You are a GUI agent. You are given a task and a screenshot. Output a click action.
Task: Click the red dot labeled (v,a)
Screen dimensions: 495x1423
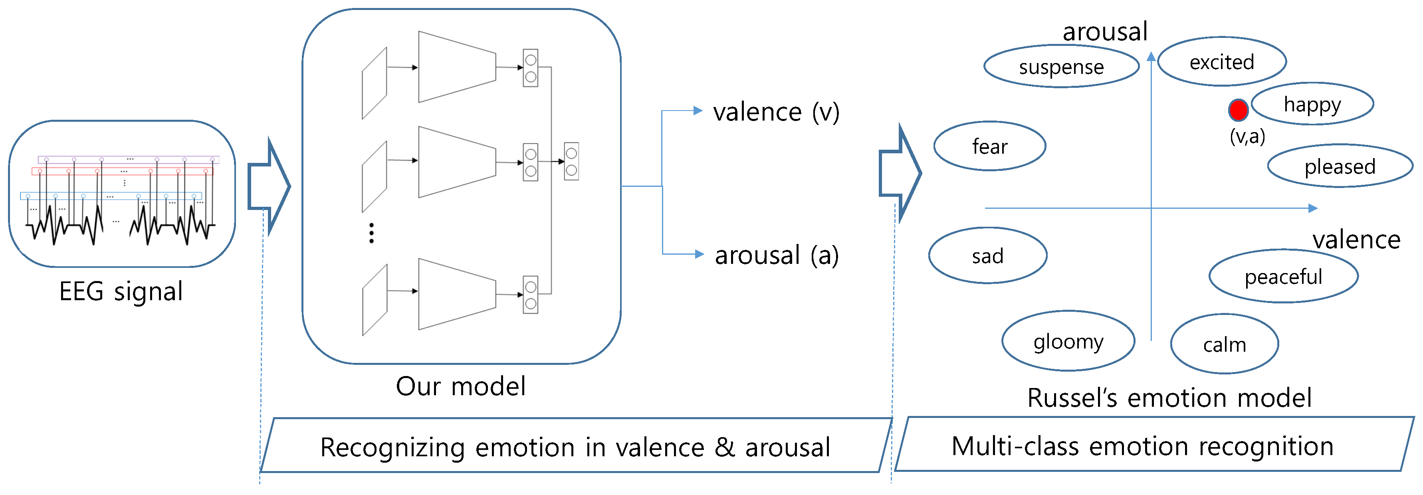1238,110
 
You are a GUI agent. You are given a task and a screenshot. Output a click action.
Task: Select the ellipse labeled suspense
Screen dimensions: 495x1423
1061,67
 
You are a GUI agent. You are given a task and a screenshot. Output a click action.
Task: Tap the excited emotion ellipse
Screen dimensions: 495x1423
1222,62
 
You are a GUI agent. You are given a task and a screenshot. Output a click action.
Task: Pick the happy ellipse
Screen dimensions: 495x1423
1312,104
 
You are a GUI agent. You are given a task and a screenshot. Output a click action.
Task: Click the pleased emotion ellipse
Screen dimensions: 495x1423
1340,166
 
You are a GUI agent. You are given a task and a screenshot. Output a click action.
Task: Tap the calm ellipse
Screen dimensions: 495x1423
1224,344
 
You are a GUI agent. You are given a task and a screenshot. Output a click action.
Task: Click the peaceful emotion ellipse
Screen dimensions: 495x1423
1283,276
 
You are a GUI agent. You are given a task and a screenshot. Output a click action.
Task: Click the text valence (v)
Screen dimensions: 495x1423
776,112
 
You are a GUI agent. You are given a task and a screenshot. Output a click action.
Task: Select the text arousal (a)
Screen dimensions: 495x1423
776,255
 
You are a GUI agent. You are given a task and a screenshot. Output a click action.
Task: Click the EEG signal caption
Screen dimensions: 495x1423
121,291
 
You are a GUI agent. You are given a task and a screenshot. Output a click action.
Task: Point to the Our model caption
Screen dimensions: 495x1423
461,386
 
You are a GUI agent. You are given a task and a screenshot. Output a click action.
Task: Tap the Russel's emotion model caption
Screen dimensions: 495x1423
1169,397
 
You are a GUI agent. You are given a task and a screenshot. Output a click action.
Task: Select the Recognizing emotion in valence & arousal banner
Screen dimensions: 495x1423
575,446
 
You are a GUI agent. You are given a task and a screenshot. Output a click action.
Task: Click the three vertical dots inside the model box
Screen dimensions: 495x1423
371,233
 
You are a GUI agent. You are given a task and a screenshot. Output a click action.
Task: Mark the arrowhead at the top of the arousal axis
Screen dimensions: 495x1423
1151,56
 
